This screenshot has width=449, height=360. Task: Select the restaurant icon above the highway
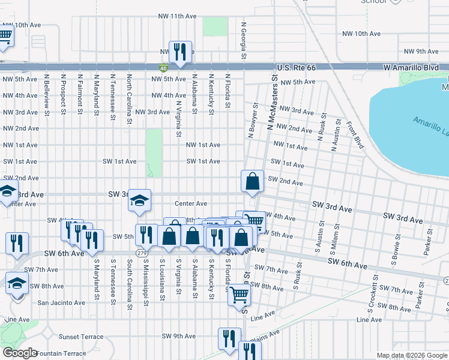[179, 52]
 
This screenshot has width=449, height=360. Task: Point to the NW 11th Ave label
[177, 16]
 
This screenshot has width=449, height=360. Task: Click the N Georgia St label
[244, 41]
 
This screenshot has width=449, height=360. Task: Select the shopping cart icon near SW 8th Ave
[239, 295]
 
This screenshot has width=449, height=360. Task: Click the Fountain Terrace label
[61, 353]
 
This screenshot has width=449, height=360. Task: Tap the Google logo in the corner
[20, 353]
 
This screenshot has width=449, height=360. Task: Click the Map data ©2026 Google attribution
[411, 355]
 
